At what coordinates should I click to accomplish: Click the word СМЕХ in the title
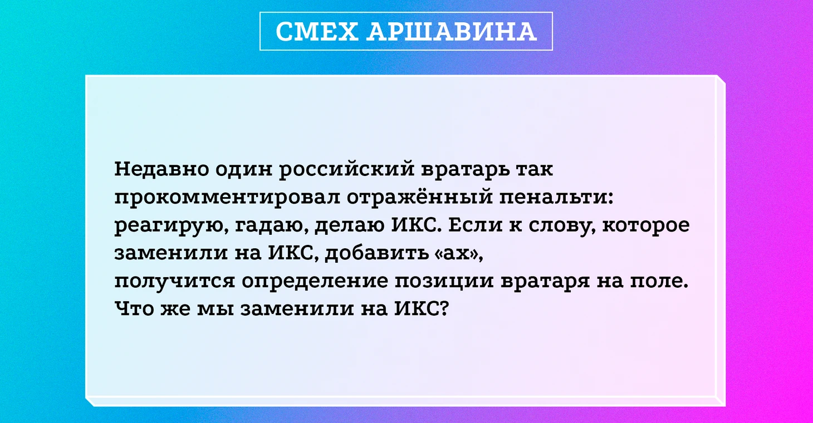pyautogui.click(x=317, y=31)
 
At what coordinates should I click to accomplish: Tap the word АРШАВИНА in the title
pyautogui.click(x=452, y=31)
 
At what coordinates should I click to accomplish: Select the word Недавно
pyautogui.click(x=161, y=169)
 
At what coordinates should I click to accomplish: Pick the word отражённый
pyautogui.click(x=419, y=198)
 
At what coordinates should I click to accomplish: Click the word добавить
pyautogui.click(x=376, y=252)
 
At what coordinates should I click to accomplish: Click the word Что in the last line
pyautogui.click(x=134, y=309)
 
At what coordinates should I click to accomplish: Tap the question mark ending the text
pyautogui.click(x=444, y=308)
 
